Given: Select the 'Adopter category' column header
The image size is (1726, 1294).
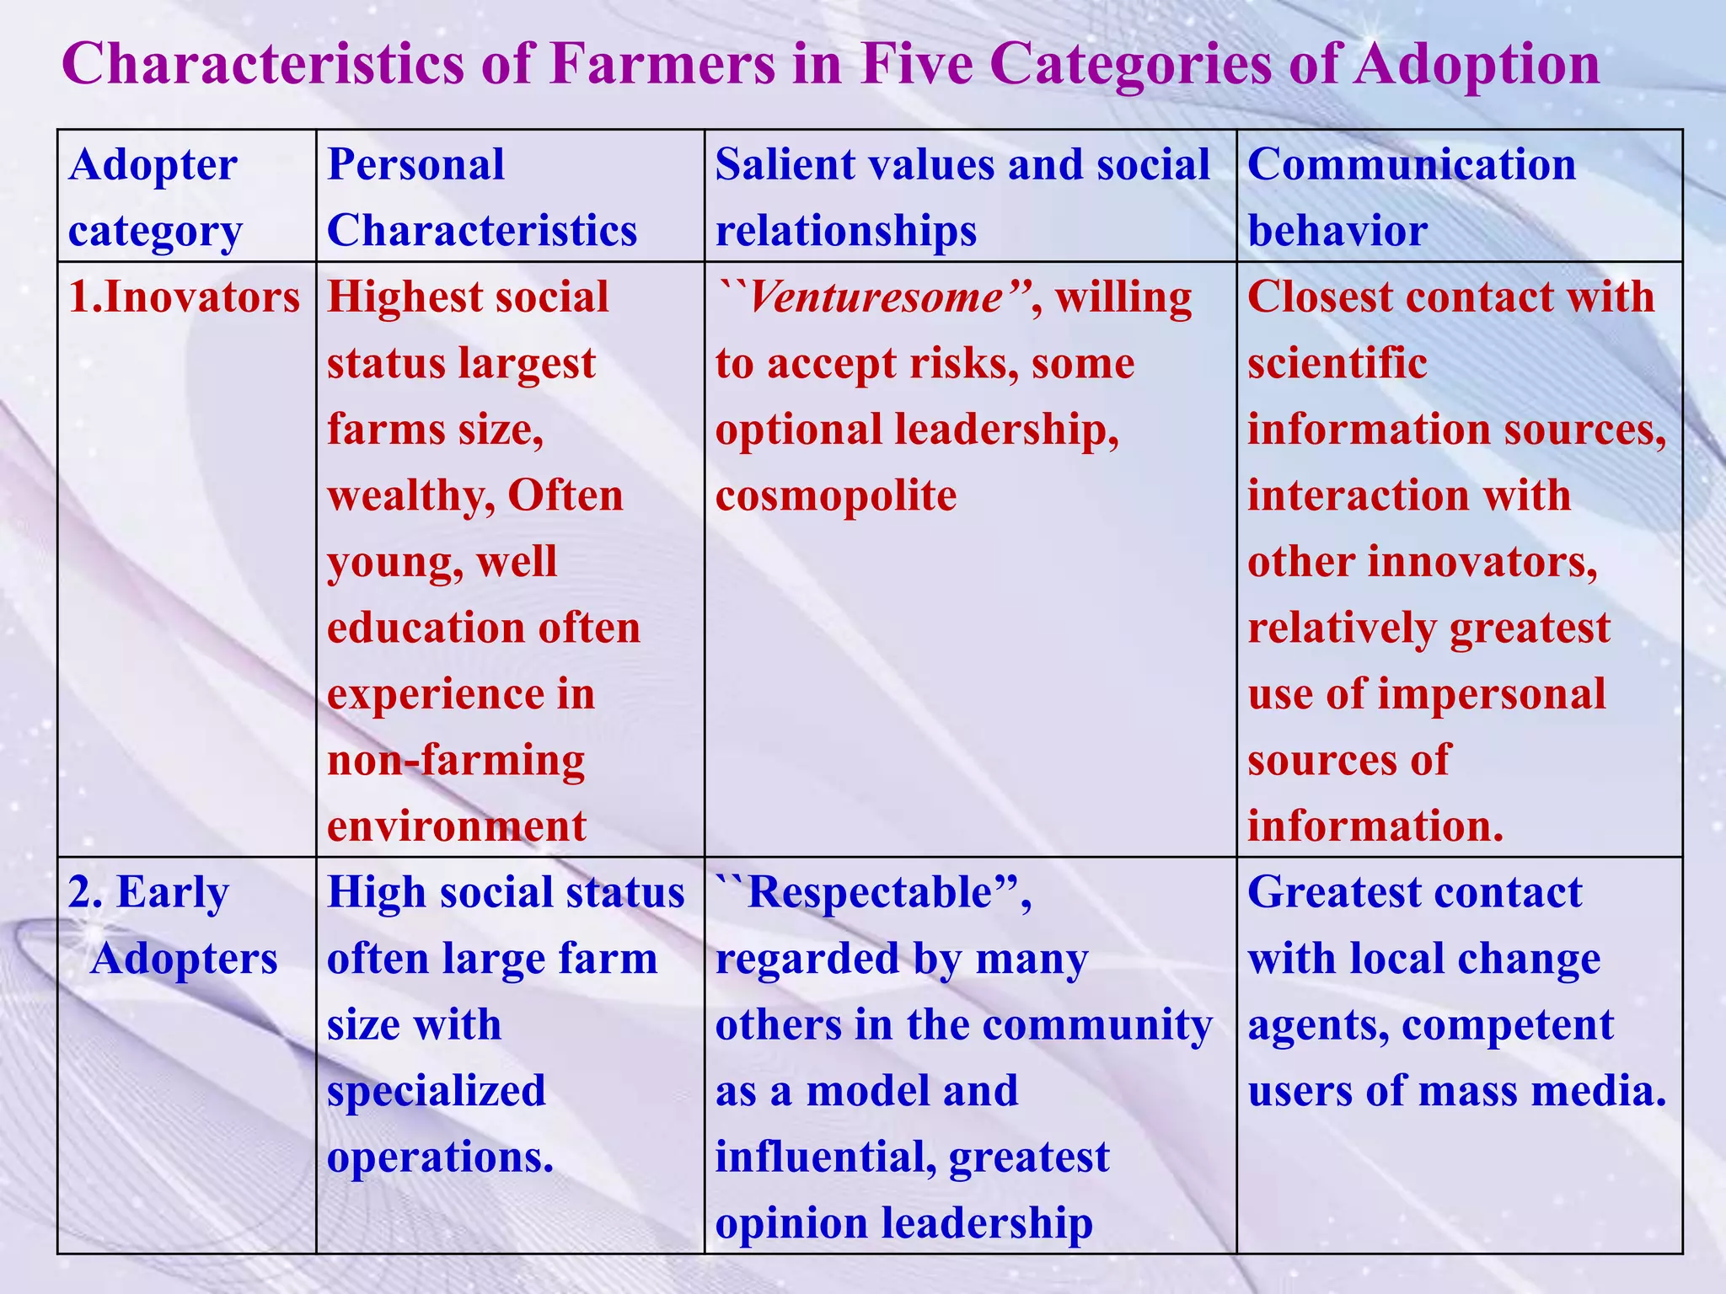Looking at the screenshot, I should click(154, 197).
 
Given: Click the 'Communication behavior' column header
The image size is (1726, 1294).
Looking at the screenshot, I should click(1412, 197).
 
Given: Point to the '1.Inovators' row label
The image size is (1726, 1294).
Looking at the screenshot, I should click(184, 297).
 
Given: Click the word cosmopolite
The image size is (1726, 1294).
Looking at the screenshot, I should click(836, 495).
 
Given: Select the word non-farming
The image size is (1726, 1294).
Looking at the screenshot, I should click(456, 760).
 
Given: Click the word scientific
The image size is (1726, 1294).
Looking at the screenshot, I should click(1337, 363).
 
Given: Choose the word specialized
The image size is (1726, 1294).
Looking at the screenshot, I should click(437, 1091).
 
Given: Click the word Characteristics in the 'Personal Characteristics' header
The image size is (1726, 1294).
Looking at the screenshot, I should click(482, 230).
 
